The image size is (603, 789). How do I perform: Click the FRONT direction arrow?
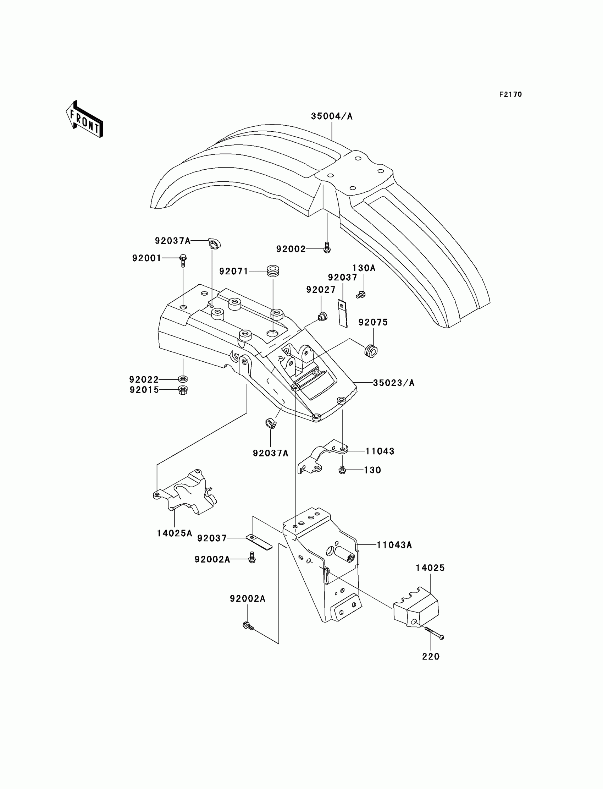pyautogui.click(x=85, y=120)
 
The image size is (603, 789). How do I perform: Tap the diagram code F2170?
pyautogui.click(x=510, y=94)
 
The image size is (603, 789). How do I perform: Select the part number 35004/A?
pyautogui.click(x=331, y=116)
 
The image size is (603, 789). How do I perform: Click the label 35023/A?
pyautogui.click(x=393, y=383)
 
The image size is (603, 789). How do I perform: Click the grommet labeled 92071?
pyautogui.click(x=273, y=271)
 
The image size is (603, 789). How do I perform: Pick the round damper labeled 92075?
pyautogui.click(x=371, y=351)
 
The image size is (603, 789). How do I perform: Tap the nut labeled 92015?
pyautogui.click(x=183, y=390)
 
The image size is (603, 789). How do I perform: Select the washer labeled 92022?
pyautogui.click(x=183, y=379)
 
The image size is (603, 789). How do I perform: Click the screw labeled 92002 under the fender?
pyautogui.click(x=327, y=248)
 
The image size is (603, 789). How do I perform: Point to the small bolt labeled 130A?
pyautogui.click(x=361, y=295)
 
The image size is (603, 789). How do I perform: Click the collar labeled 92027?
pyautogui.click(x=322, y=316)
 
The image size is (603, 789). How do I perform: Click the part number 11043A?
pyautogui.click(x=394, y=545)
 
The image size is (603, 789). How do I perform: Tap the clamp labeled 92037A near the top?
pyautogui.click(x=214, y=243)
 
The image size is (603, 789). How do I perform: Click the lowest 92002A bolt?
pyautogui.click(x=248, y=626)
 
